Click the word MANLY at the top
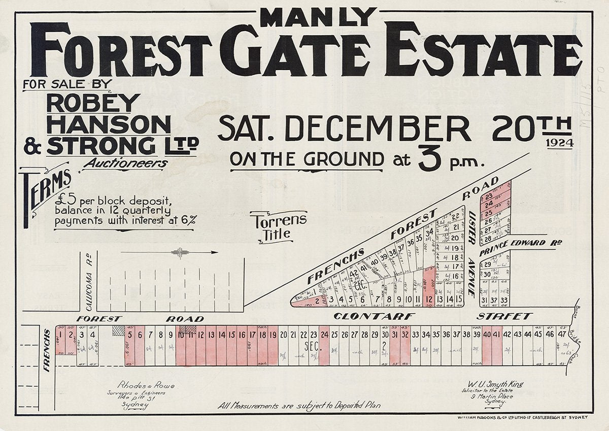[x=318, y=18]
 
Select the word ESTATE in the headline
[x=481, y=51]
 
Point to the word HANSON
[x=109, y=124]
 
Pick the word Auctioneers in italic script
[x=125, y=163]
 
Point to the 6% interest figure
[x=189, y=220]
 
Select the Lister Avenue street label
[x=471, y=254]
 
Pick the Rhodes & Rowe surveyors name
[x=146, y=386]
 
